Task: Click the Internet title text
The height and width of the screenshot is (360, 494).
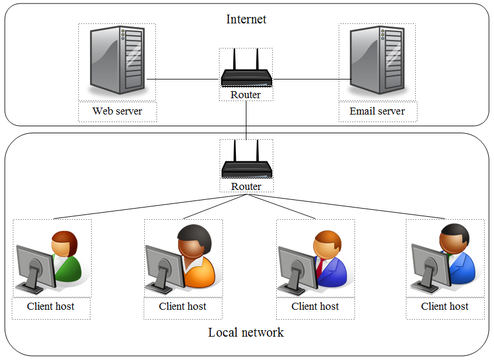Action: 246,19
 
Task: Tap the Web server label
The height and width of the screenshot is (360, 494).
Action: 117,111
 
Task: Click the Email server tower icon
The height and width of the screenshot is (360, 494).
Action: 377,61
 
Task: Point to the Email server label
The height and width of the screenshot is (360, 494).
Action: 377,111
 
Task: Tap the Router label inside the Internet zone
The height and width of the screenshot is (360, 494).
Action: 246,95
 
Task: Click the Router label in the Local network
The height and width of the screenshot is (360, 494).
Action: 246,186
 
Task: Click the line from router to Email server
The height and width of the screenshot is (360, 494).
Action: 309,79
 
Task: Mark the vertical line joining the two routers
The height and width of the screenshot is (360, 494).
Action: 246,120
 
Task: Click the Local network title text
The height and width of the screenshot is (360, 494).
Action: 246,333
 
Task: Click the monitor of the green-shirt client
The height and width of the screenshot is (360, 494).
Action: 34,266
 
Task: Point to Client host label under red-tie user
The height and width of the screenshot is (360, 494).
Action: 315,306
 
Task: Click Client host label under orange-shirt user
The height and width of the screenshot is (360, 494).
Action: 183,306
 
